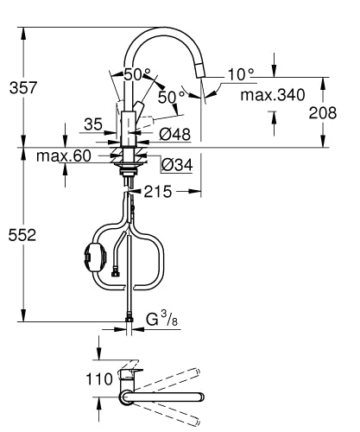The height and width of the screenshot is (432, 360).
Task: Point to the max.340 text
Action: coord(273,94)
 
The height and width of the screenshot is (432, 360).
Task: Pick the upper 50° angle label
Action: coord(136,74)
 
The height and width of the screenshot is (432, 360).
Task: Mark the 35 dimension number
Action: coord(93,124)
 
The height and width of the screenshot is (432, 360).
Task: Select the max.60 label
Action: coord(63,156)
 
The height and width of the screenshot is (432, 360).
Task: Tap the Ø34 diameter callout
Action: coord(177,164)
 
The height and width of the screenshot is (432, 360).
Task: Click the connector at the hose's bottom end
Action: coord(129,322)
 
